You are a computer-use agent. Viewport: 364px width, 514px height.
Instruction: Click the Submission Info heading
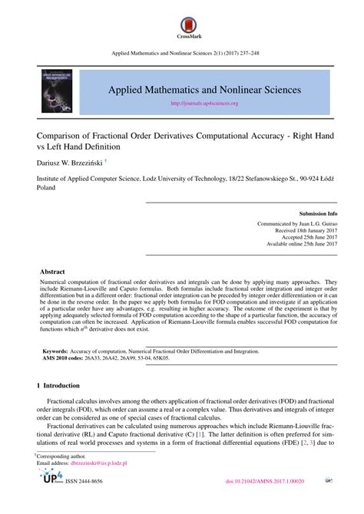point(317,213)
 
